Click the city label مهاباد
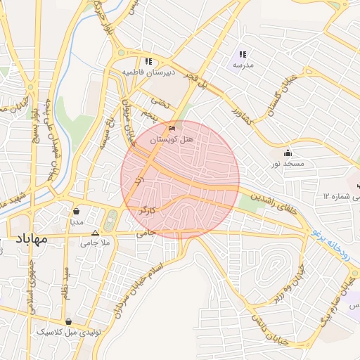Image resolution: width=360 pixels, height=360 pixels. tap(30, 239)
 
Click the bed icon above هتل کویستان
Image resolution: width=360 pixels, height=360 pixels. tap(172, 129)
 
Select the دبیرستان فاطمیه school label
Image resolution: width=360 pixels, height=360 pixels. tap(148, 72)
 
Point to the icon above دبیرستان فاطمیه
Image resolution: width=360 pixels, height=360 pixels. tap(148, 60)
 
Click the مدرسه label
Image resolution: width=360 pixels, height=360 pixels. tap(243, 65)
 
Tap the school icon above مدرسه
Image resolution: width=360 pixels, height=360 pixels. tap(243, 53)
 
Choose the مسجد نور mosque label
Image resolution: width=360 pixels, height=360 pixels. tap(288, 164)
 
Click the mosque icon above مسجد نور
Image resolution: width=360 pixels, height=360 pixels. tap(288, 153)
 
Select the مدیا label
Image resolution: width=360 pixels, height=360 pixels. tap(76, 221)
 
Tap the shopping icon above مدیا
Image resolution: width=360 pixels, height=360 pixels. tap(76, 210)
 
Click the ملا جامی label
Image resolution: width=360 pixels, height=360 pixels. tap(95, 243)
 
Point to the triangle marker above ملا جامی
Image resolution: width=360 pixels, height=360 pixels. tap(96, 232)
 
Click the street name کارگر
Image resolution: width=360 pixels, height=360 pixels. tap(154, 210)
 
